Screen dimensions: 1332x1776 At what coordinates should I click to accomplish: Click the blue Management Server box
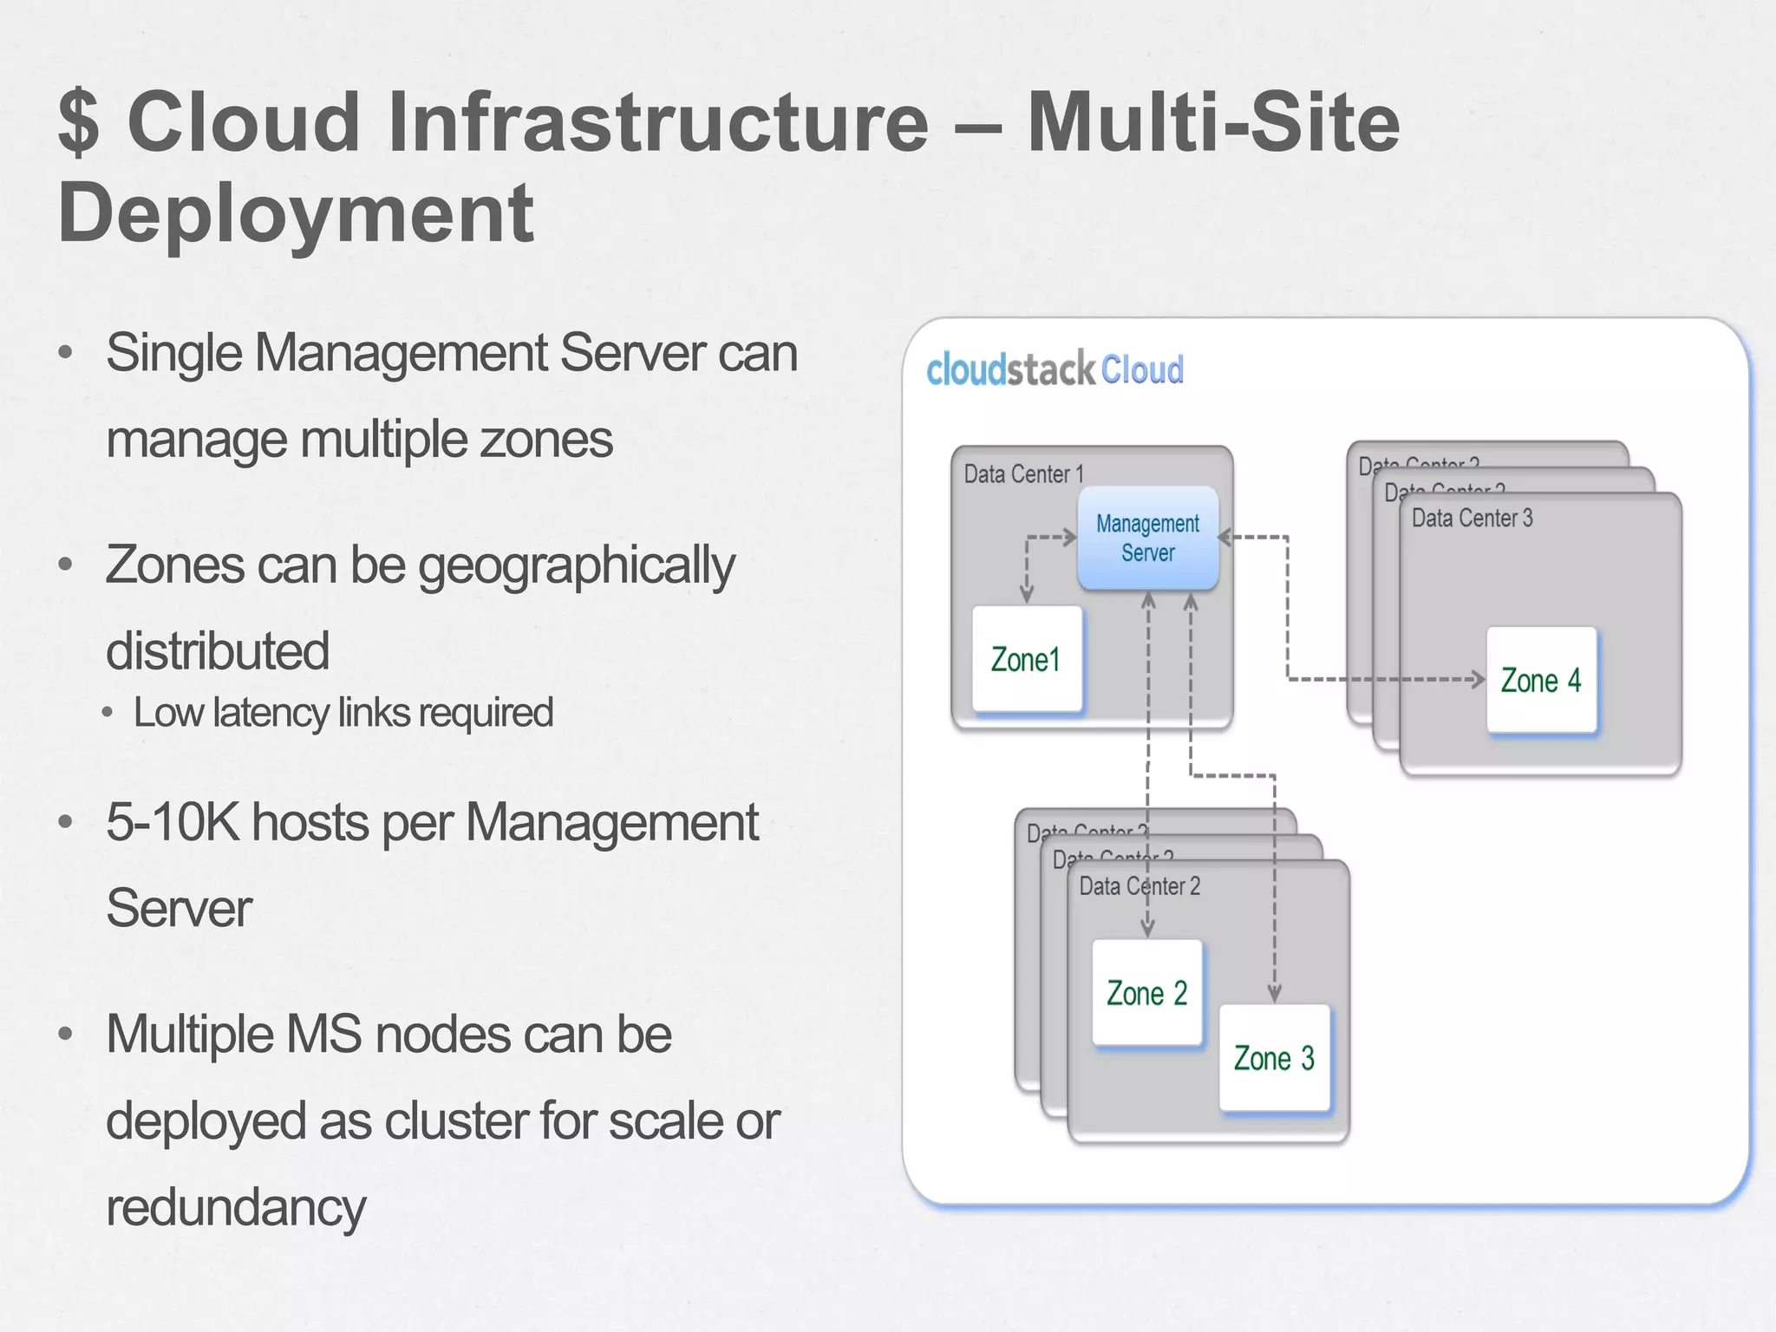pos(1147,538)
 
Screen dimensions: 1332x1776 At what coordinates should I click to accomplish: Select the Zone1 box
pos(1027,659)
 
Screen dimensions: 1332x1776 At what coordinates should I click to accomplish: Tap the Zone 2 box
pos(1146,993)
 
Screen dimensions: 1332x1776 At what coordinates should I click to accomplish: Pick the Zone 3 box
pos(1274,1058)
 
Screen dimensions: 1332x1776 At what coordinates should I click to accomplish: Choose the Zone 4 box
pos(1541,680)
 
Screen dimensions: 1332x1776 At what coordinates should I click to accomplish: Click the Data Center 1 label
pos(1023,474)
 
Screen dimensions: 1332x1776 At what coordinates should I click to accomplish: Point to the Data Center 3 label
pos(1472,519)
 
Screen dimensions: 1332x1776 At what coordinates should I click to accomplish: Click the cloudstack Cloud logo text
pos(1054,370)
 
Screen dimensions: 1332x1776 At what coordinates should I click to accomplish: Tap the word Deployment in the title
pos(295,213)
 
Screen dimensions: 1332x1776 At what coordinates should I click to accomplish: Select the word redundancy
pos(236,1207)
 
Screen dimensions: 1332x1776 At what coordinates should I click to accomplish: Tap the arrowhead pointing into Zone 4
pos(1478,679)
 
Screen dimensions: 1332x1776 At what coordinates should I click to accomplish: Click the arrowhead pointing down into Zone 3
pos(1274,995)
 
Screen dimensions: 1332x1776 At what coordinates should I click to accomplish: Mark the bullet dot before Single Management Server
pos(65,353)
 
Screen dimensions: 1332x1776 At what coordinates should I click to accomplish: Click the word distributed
pos(218,651)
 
